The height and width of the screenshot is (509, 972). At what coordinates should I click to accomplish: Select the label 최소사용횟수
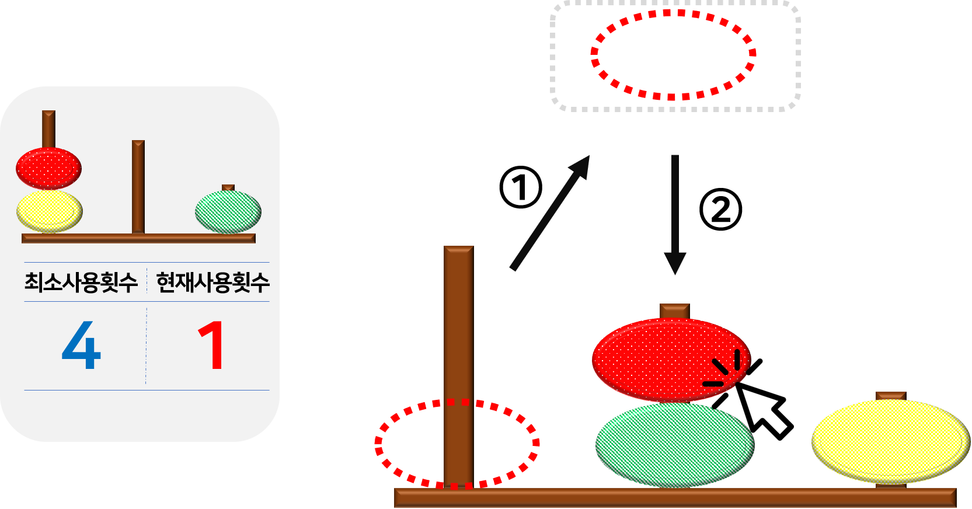pos(81,283)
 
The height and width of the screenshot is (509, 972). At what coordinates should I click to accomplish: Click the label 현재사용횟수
pos(213,283)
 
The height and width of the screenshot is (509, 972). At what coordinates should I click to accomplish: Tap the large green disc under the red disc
pos(675,445)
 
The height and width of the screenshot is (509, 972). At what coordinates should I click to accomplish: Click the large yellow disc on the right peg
pos(890,441)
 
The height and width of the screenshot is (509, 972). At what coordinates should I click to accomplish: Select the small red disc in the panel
pos(48,169)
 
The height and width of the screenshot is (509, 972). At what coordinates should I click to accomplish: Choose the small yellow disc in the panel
pos(49,211)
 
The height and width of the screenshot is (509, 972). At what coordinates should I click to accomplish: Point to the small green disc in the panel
pos(228,212)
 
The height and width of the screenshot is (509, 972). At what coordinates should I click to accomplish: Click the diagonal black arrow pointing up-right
pos(549,213)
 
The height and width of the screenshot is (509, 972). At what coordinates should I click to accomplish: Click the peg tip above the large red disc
pos(675,311)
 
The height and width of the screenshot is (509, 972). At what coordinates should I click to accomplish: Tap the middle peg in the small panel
pos(138,187)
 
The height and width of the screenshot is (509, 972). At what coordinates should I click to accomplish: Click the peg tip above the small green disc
pos(228,187)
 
